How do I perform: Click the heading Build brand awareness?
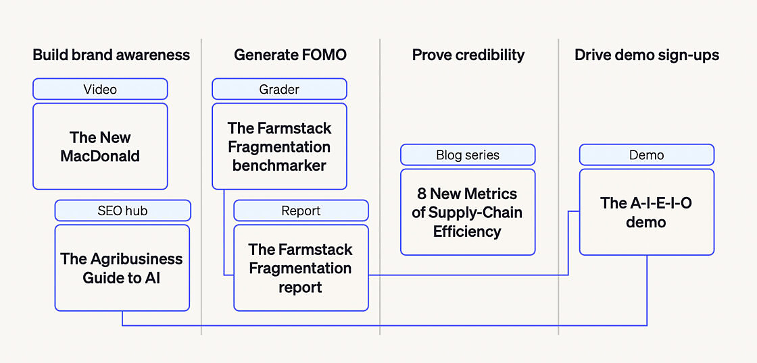pyautogui.click(x=111, y=55)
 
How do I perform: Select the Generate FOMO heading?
pyautogui.click(x=290, y=55)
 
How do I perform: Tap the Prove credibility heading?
pyautogui.click(x=468, y=55)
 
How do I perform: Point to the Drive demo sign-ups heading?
pyautogui.click(x=646, y=55)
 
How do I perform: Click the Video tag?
pyautogui.click(x=100, y=89)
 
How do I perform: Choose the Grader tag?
pyautogui.click(x=279, y=89)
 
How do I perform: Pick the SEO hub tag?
pyautogui.click(x=122, y=211)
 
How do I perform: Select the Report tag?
pyautogui.click(x=301, y=211)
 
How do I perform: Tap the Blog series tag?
pyautogui.click(x=468, y=155)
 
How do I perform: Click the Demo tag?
pyautogui.click(x=646, y=155)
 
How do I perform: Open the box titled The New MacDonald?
pyautogui.click(x=100, y=146)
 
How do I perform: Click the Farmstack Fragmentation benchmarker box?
pyautogui.click(x=279, y=146)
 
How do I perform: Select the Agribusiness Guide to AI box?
pyautogui.click(x=122, y=268)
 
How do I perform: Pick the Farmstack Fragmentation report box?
pyautogui.click(x=301, y=268)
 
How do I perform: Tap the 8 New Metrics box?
pyautogui.click(x=468, y=212)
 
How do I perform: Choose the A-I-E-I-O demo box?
pyautogui.click(x=646, y=212)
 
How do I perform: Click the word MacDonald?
pyautogui.click(x=100, y=156)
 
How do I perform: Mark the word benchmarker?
pyautogui.click(x=279, y=166)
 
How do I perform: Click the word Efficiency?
pyautogui.click(x=467, y=232)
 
